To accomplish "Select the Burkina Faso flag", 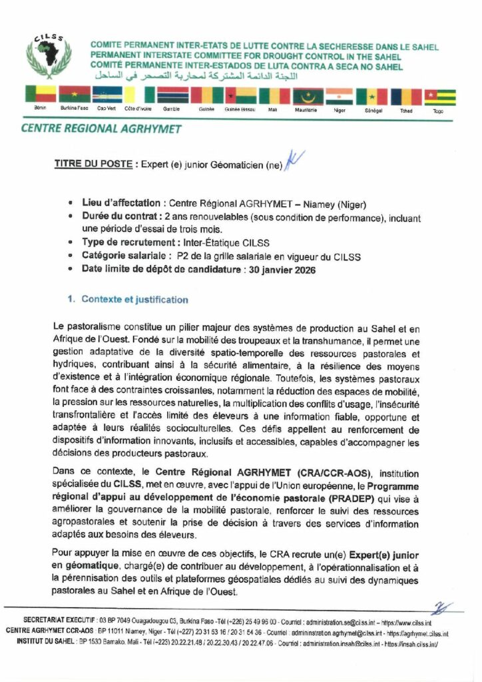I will [74, 95].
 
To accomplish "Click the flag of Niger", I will [340, 95].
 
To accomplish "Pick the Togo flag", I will [439, 97].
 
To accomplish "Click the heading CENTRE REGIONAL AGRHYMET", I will [101, 129].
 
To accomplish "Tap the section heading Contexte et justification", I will [134, 300].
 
